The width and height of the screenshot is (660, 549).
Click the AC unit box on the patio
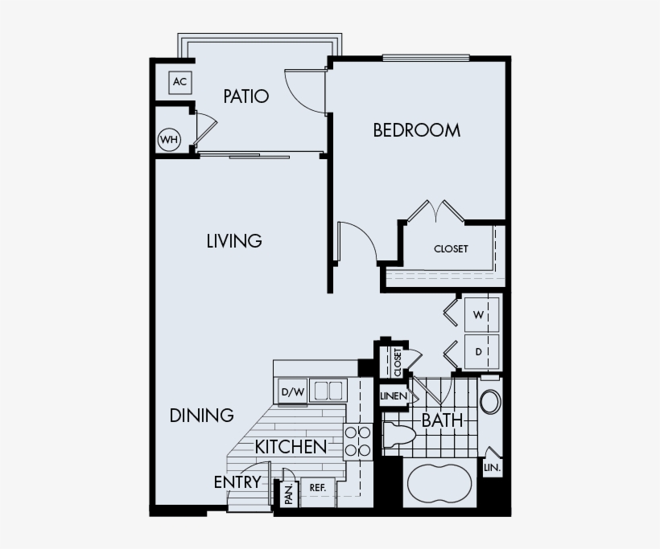(x=179, y=82)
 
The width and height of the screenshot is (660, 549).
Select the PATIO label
(x=245, y=96)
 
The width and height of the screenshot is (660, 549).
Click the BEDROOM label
(x=416, y=129)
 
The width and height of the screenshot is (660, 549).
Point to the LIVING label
(x=234, y=240)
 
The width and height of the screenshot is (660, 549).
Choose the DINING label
(x=202, y=416)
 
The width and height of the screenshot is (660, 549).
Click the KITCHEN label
(x=291, y=447)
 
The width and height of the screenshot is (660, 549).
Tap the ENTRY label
(x=237, y=482)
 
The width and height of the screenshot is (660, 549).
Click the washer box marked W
(x=478, y=315)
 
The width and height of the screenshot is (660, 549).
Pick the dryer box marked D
(x=478, y=351)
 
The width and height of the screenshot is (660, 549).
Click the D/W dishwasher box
(x=291, y=392)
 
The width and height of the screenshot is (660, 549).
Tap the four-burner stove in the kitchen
(x=357, y=442)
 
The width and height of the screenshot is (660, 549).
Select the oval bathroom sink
(x=489, y=402)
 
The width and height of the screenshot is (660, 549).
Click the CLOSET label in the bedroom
(x=451, y=249)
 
